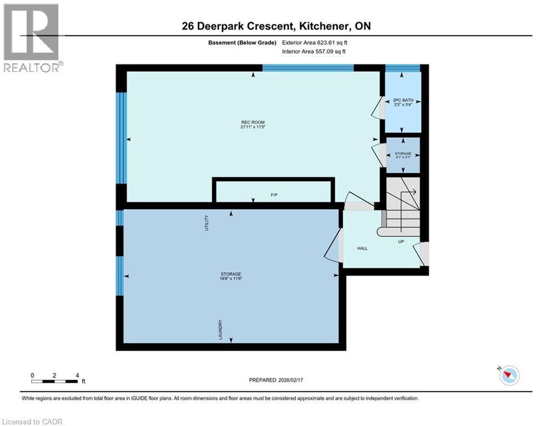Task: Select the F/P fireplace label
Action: (274, 195)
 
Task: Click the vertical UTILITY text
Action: (207, 224)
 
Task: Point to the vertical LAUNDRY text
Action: (220, 329)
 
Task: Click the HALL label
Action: (362, 248)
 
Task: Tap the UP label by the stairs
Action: (401, 242)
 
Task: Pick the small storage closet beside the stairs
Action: (403, 155)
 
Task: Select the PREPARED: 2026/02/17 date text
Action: (276, 380)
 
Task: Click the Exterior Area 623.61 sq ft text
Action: (317, 43)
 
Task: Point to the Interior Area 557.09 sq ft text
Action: (317, 52)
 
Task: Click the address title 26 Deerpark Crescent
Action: (276, 26)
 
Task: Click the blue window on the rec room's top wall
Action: (308, 68)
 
